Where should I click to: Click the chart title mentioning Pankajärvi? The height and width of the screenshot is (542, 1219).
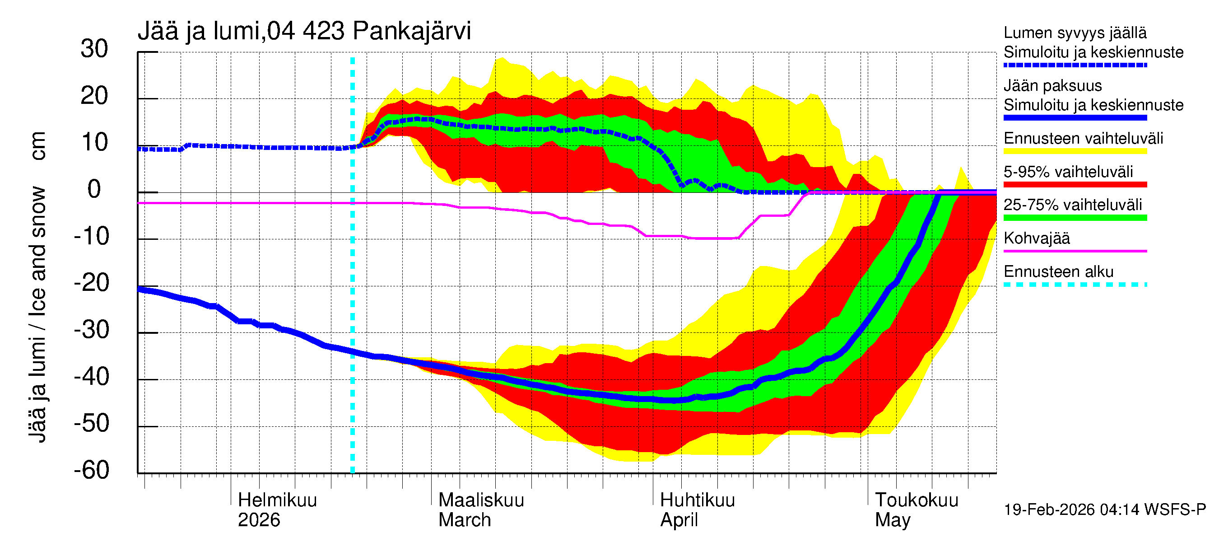pos(304,31)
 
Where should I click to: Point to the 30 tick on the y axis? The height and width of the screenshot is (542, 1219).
pos(94,49)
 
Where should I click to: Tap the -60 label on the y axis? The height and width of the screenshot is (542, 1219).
pos(91,470)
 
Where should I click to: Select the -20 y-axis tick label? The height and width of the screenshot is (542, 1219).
pos(91,283)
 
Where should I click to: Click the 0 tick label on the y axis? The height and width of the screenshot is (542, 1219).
pos(94,189)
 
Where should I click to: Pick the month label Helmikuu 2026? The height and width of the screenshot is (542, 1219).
pos(277,510)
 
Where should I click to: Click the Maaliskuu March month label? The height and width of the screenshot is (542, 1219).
pos(481,510)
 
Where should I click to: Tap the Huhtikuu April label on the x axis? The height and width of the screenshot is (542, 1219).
pos(697,510)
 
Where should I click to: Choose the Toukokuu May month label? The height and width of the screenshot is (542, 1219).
pos(916,510)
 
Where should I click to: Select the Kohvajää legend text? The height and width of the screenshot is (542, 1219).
pos(1036,238)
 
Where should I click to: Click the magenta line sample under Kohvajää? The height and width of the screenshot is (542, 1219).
pos(1075,251)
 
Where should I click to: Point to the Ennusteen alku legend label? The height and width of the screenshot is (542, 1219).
pos(1058,272)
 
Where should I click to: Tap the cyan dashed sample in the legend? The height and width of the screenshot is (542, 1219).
pos(1075,285)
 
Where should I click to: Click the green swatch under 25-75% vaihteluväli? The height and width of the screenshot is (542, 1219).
pos(1075,218)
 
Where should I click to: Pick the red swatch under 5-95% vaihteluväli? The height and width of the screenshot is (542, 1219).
pos(1075,185)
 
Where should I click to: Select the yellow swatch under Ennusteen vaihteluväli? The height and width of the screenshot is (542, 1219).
pos(1075,151)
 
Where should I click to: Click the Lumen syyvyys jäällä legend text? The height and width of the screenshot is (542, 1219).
pos(1075,33)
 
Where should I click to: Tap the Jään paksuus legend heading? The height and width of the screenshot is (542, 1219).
pos(1052,86)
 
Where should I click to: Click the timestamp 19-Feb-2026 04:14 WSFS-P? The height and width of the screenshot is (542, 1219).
pos(1104,509)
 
